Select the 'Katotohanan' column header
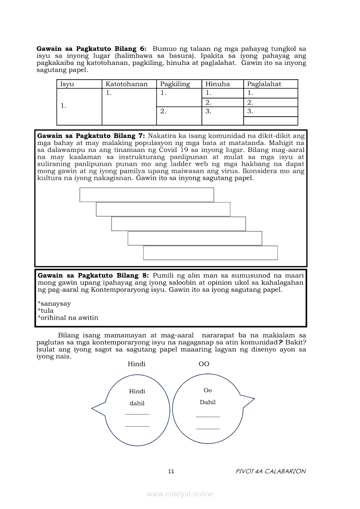pos(126,84)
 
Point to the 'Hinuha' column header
pos(217,84)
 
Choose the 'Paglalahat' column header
pos(264,84)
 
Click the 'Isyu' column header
pos(67,84)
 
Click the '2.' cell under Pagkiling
pos(163,111)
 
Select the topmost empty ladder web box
pos(146,195)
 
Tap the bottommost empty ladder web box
pos(210,253)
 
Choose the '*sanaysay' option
pos(54,303)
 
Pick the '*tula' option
pos(46,310)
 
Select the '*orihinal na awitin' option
pos(68,317)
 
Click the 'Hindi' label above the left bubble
pos(136,364)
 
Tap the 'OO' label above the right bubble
pos(204,364)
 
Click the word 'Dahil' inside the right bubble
pos(208,402)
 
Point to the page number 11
pos(171,471)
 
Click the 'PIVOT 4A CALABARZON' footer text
pos(270,471)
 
